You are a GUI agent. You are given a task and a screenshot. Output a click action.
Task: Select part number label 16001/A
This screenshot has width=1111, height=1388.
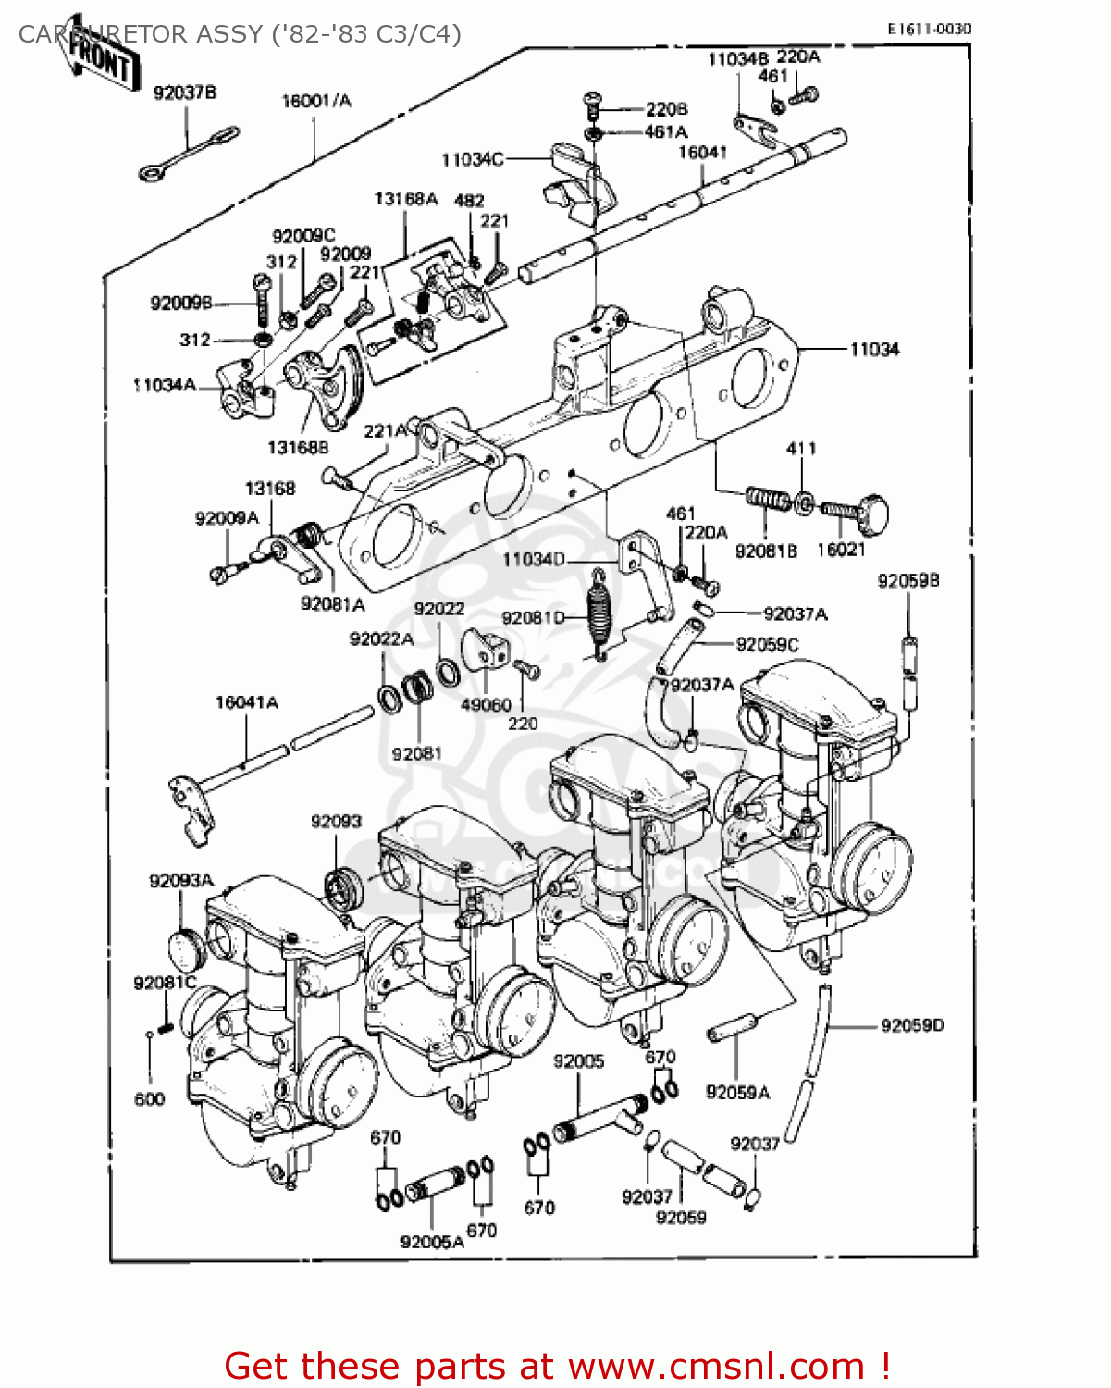(316, 101)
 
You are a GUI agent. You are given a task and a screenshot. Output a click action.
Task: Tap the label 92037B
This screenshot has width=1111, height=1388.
(185, 93)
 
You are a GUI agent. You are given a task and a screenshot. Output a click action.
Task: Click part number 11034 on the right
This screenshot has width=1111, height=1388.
(874, 349)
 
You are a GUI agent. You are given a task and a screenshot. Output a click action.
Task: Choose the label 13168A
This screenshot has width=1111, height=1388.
(405, 199)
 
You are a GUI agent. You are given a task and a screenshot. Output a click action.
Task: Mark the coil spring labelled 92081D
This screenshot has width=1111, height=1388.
(599, 611)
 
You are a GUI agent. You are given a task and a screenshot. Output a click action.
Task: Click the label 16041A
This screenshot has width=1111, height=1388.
(246, 702)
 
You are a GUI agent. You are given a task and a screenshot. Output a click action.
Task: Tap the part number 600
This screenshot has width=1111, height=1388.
(149, 1099)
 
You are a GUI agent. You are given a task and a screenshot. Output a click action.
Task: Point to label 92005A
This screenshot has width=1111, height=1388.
(431, 1242)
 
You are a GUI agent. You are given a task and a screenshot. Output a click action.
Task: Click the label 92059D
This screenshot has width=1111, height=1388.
(912, 1025)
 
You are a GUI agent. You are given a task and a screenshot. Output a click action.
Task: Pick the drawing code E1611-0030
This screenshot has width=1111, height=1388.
(929, 29)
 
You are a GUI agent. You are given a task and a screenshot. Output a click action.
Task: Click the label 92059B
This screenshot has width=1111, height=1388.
(907, 581)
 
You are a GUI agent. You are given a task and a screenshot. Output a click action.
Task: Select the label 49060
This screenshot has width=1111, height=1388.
(486, 705)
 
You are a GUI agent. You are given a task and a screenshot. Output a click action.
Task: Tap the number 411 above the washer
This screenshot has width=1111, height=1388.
(801, 449)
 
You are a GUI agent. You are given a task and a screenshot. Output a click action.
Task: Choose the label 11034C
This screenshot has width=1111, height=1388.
(472, 159)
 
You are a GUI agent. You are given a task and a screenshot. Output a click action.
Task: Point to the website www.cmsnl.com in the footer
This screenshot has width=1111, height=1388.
(716, 1367)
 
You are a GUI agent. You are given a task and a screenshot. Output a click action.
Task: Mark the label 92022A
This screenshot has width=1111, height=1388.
(381, 639)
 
